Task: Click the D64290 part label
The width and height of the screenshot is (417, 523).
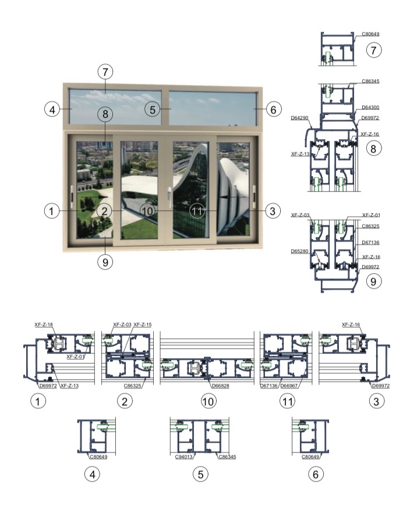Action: click(299, 118)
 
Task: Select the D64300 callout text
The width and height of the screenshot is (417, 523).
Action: click(370, 107)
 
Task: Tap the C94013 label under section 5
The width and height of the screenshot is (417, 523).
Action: click(184, 457)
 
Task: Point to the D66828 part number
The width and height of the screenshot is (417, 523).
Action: click(221, 386)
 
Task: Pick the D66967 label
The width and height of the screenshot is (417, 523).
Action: click(289, 386)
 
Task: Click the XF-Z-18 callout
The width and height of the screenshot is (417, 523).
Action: click(44, 324)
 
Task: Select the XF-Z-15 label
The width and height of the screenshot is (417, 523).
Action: click(143, 324)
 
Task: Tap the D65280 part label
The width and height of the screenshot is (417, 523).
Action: click(299, 251)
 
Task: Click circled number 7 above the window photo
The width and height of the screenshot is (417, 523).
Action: click(105, 72)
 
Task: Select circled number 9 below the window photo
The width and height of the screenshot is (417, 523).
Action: click(105, 262)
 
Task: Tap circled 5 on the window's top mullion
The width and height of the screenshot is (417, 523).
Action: click(153, 109)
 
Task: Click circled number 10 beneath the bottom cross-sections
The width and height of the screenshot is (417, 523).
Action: click(208, 401)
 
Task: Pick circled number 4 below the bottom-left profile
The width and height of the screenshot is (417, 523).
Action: click(93, 474)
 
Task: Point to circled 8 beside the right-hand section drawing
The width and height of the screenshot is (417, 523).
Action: click(374, 149)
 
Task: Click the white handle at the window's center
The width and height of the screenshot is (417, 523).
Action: click(169, 194)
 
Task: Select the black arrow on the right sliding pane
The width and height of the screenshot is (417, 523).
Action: click(232, 197)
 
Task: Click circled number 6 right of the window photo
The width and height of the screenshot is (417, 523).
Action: click(274, 109)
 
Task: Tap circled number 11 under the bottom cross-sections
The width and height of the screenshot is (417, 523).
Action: click(288, 401)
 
